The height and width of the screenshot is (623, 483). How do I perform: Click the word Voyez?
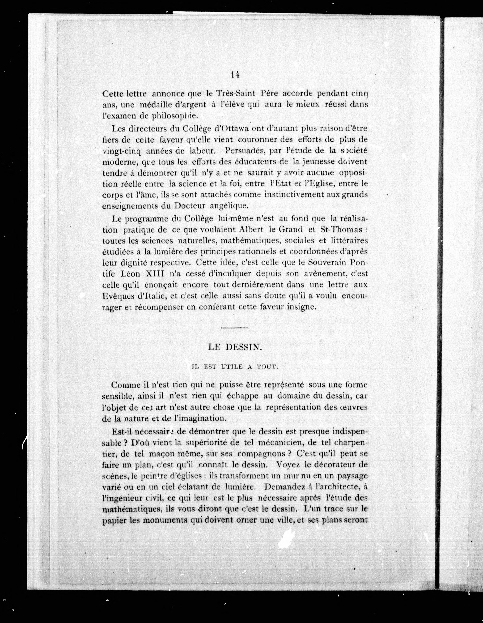pos(287,464)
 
